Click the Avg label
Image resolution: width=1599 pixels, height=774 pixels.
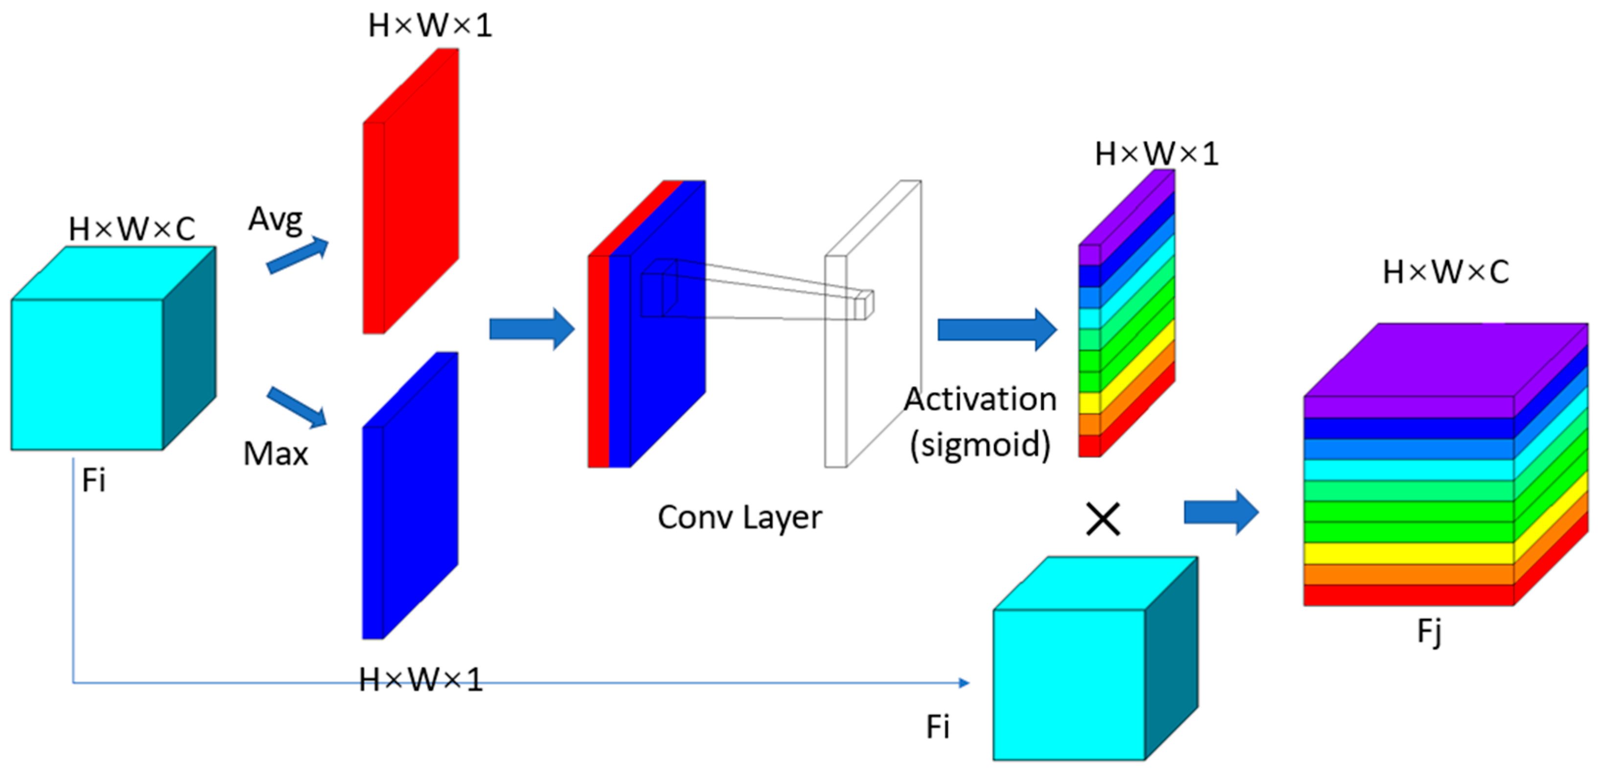tap(276, 219)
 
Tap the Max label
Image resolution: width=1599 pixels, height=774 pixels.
tap(276, 454)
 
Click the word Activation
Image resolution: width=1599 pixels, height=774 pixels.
tap(980, 399)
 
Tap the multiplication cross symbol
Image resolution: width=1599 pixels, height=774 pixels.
tap(1103, 519)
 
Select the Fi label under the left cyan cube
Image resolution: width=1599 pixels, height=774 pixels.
tap(94, 480)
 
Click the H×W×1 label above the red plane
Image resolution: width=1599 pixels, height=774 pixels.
tap(430, 26)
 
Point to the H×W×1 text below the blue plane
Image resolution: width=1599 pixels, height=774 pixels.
tap(421, 680)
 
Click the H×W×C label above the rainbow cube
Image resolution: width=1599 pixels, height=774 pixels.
tap(1446, 272)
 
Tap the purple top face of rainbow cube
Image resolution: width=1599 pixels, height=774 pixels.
tap(1446, 360)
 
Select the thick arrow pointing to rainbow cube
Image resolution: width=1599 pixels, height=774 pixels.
tap(1220, 513)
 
